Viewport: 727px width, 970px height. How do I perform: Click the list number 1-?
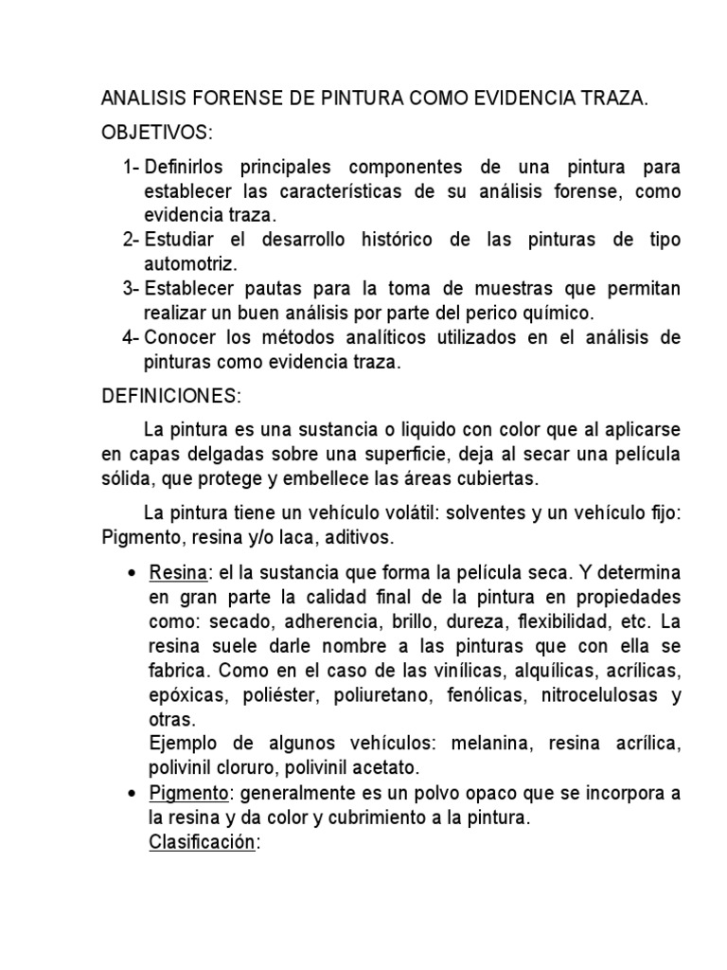(x=131, y=168)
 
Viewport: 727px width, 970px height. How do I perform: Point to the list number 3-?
(x=131, y=287)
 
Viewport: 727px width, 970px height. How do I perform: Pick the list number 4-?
(x=131, y=337)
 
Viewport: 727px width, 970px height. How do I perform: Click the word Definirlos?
(x=191, y=168)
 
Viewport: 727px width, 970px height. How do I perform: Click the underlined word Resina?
(x=172, y=575)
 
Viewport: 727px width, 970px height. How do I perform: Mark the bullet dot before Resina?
(x=131, y=576)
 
